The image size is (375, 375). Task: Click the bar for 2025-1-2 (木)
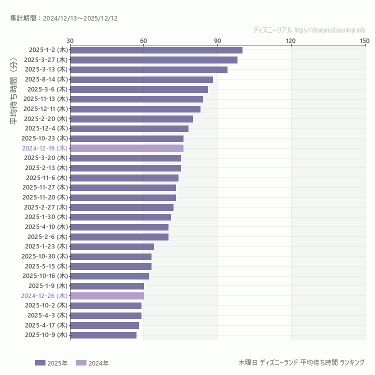point(156,50)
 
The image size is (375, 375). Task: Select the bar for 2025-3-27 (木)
point(153,60)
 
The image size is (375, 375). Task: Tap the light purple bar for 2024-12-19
point(126,148)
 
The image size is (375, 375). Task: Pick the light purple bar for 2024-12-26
point(107,295)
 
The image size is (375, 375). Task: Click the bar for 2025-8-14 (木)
point(141,79)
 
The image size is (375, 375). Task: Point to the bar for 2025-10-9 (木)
point(103,335)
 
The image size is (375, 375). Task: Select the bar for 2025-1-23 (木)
point(112,246)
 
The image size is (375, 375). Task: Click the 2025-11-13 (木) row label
point(45,99)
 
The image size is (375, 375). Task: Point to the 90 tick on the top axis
point(217,40)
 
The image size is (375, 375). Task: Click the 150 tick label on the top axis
point(364,40)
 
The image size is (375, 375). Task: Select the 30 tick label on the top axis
point(70,40)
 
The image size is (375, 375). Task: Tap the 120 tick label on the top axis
point(291,40)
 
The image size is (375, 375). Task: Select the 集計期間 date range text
point(63,18)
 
